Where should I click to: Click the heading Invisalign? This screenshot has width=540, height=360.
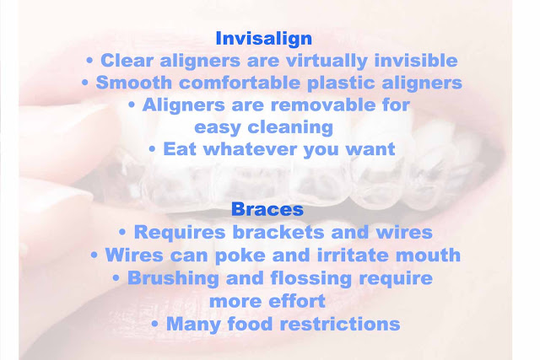click(264, 39)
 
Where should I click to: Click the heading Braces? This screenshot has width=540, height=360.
click(267, 209)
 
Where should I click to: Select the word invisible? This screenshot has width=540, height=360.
click(416, 60)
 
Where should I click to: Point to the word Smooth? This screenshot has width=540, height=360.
click(133, 83)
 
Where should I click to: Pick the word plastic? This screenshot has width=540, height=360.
click(341, 83)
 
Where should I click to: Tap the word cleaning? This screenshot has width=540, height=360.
click(290, 128)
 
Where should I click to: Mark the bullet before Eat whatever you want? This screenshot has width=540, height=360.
click(152, 150)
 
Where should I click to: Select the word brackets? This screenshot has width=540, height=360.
click(278, 232)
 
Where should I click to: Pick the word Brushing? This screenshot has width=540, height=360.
click(173, 278)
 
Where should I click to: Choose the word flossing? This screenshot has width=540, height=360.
click(311, 278)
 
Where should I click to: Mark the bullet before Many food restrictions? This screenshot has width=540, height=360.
click(154, 325)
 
